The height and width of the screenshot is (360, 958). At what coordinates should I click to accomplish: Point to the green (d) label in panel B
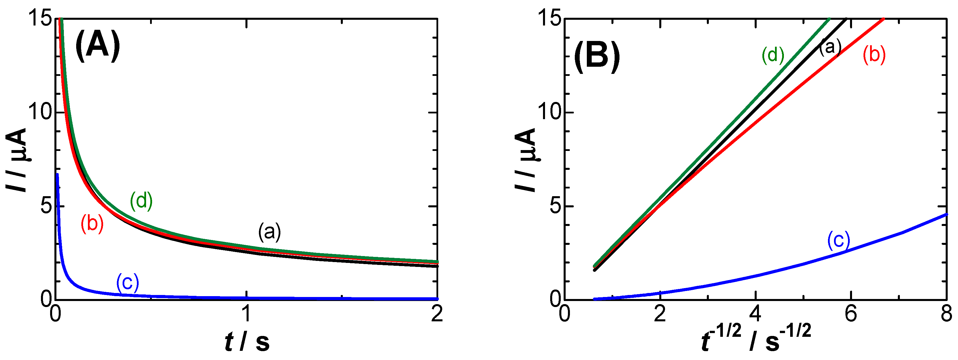pos(773,55)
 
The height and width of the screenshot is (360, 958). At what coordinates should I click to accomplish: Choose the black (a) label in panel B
pos(830,47)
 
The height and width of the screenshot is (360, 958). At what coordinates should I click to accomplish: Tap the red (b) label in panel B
pos(874,55)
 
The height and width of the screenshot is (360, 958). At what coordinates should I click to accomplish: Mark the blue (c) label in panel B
pos(839,240)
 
